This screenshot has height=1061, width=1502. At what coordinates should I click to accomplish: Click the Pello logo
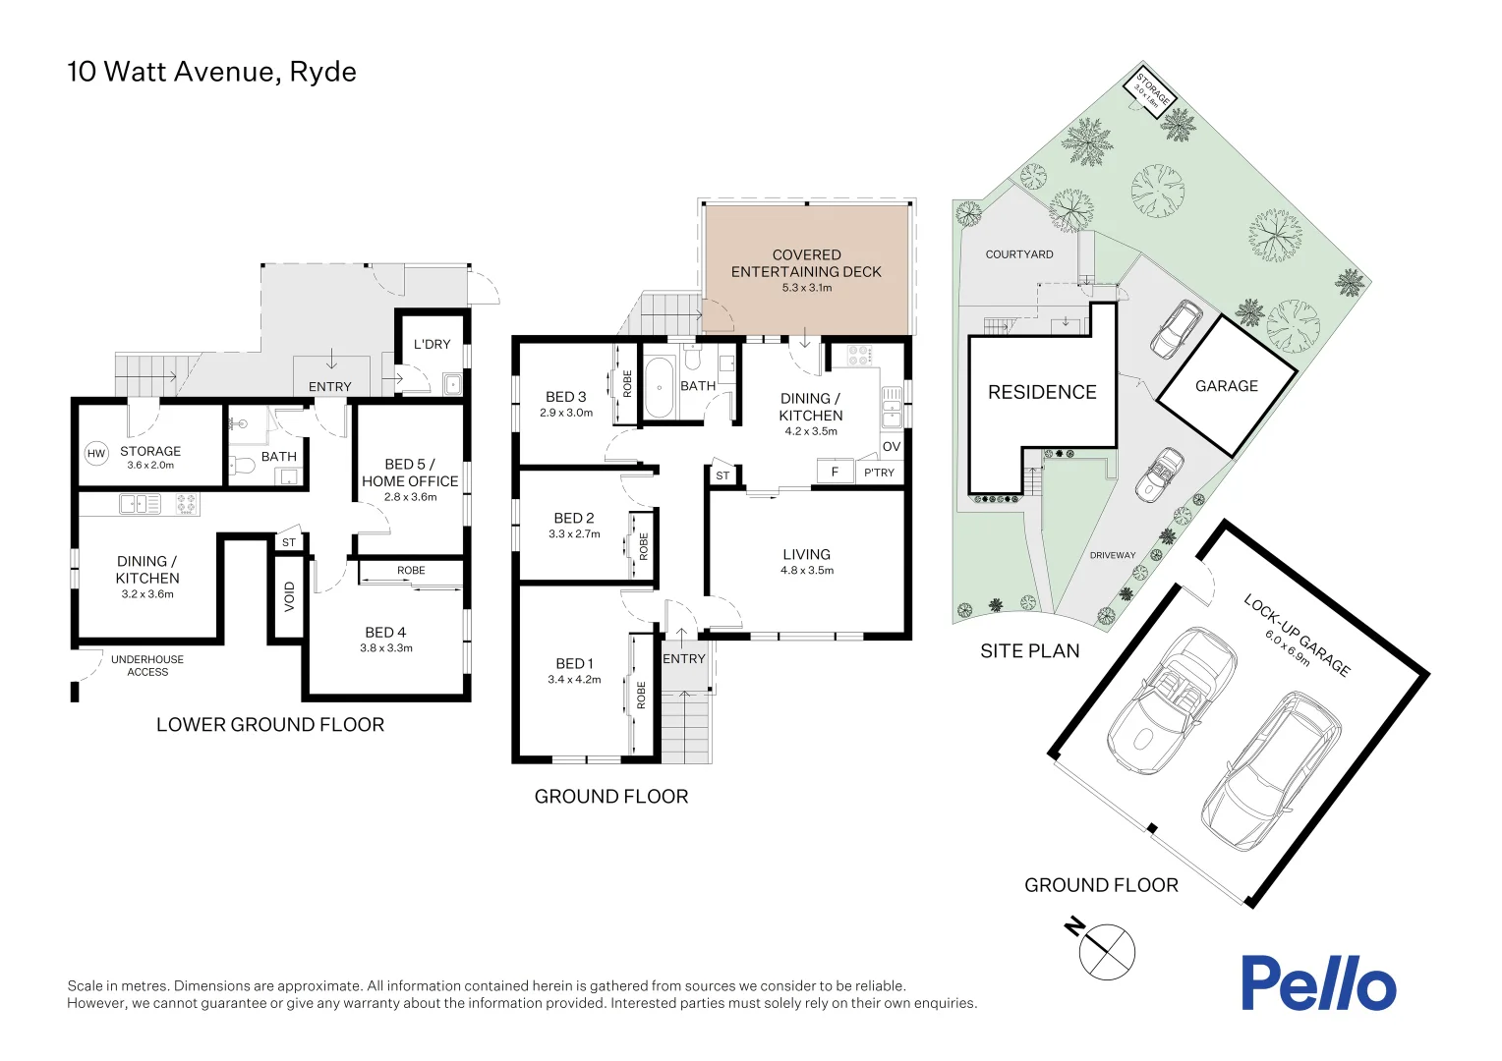pos(1317,982)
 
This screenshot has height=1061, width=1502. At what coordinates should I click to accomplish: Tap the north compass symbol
pos(1106,950)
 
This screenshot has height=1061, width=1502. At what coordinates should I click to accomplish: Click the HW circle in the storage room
pos(96,453)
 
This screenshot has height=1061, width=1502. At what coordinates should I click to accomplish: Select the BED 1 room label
pos(574,664)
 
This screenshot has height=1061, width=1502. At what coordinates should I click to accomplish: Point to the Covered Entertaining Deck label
pos(806,263)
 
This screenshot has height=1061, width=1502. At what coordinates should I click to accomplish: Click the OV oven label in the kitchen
pos(891,446)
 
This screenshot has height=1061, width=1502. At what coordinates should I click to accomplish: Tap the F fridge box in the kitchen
pos(835,473)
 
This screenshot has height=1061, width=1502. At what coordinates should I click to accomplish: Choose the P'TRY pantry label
pos(879,473)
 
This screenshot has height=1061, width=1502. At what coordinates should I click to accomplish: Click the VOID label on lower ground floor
pos(289,596)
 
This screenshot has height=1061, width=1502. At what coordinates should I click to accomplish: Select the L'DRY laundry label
pos(432,344)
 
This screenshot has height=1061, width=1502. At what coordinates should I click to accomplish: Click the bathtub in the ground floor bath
pos(659,387)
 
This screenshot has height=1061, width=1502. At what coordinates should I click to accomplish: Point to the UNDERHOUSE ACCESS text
pos(147,665)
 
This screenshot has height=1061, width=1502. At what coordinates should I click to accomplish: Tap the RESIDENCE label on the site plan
pos(1042,392)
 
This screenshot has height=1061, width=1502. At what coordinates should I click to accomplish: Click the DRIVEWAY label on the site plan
pos(1113,555)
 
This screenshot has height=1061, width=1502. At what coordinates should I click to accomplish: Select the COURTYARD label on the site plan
pos(1019,254)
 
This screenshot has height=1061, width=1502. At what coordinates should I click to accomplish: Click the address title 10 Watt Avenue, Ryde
pos(211,72)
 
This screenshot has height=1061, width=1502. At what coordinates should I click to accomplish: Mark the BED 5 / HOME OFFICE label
pos(410,473)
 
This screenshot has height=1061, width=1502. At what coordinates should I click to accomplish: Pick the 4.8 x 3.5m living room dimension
pos(807,571)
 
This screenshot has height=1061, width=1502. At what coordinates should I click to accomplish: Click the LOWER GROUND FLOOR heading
pos(270,725)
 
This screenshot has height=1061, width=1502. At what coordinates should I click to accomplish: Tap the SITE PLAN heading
pos(1030,651)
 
